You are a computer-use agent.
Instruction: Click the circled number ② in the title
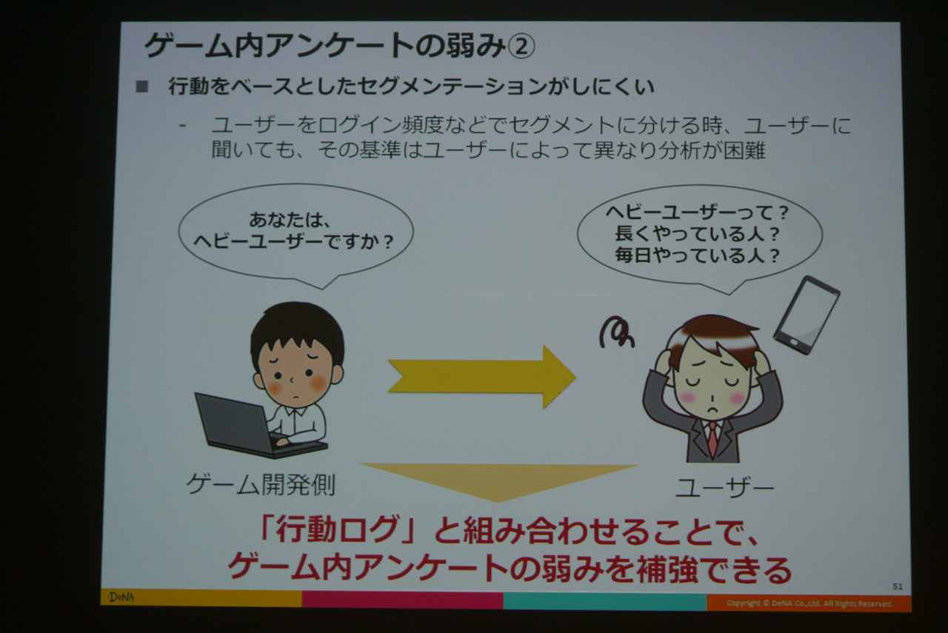tap(521, 47)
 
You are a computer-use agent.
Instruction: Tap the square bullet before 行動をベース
tap(141, 87)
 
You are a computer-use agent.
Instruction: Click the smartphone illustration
tap(807, 315)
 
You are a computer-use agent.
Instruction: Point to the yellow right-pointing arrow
tap(481, 377)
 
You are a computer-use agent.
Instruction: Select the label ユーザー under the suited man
tap(724, 488)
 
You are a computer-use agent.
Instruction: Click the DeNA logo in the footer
tap(121, 597)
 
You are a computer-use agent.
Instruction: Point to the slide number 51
tap(897, 586)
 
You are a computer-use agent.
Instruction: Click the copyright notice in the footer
tap(810, 603)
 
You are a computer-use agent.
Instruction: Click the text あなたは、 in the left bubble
tap(290, 220)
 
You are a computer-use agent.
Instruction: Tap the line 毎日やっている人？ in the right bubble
tap(698, 255)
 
